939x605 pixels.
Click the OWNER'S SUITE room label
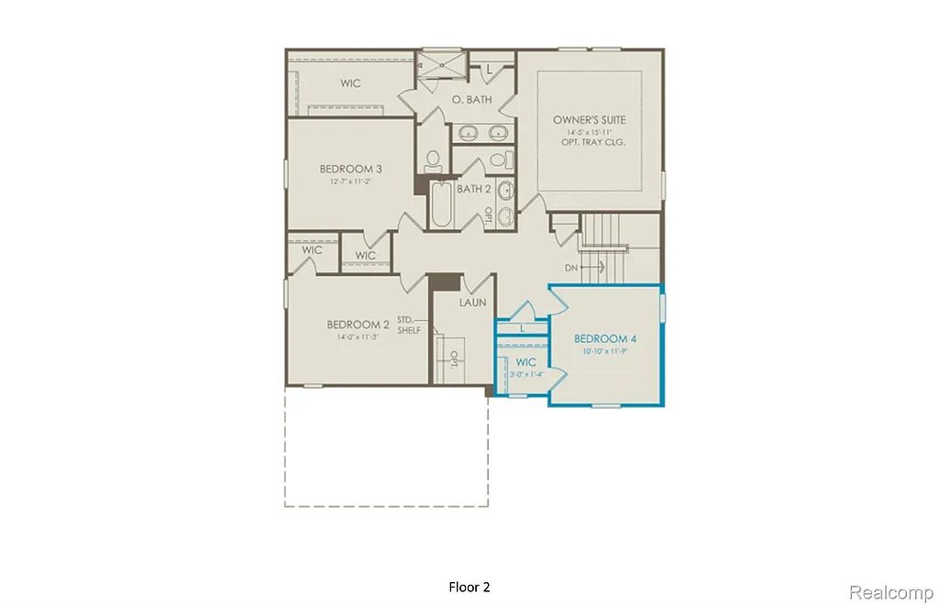point(589,120)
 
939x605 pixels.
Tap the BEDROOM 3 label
point(350,169)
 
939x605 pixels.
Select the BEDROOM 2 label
point(359,324)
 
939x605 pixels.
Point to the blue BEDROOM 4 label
point(605,339)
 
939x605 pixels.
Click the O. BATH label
point(472,99)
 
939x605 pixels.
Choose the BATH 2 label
point(474,189)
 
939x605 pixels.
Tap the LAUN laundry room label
point(472,302)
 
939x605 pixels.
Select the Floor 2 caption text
point(469,587)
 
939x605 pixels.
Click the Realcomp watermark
point(889,592)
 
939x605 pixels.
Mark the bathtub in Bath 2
point(441,207)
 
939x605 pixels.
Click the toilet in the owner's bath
point(434,161)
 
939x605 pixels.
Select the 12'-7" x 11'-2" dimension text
point(350,181)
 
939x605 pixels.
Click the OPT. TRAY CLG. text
point(589,143)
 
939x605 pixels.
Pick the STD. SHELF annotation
point(409,325)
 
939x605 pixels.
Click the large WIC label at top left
point(350,83)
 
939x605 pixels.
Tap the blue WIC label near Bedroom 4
point(525,362)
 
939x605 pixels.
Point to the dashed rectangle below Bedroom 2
point(385,446)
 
